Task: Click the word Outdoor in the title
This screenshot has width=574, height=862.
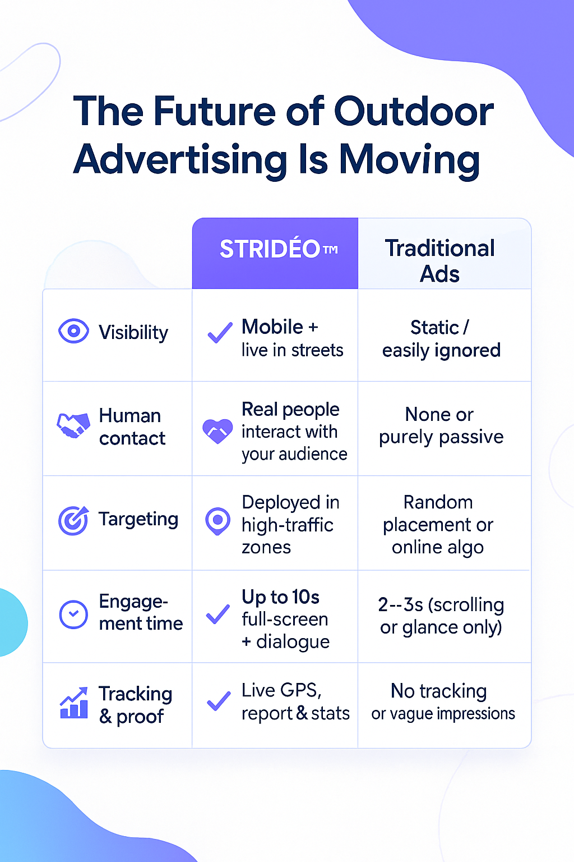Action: pyautogui.click(x=414, y=112)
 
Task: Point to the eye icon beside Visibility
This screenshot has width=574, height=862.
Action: pyautogui.click(x=73, y=331)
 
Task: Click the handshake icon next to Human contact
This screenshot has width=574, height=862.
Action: pyautogui.click(x=73, y=425)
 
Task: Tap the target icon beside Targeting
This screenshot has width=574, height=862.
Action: pyautogui.click(x=73, y=520)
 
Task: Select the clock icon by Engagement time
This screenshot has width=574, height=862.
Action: pyautogui.click(x=73, y=614)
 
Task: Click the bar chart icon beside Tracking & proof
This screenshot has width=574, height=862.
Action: pyautogui.click(x=74, y=703)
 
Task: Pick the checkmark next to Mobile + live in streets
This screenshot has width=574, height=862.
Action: pyautogui.click(x=220, y=332)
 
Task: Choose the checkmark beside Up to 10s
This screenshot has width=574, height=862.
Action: pyautogui.click(x=218, y=614)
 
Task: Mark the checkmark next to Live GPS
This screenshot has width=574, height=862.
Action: pyautogui.click(x=219, y=701)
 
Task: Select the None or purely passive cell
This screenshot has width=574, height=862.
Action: pyautogui.click(x=441, y=426)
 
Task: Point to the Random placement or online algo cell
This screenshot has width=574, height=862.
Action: pyautogui.click(x=438, y=525)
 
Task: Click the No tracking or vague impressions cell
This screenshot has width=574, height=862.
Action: pyautogui.click(x=443, y=701)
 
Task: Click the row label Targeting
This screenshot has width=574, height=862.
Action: pyautogui.click(x=138, y=520)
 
